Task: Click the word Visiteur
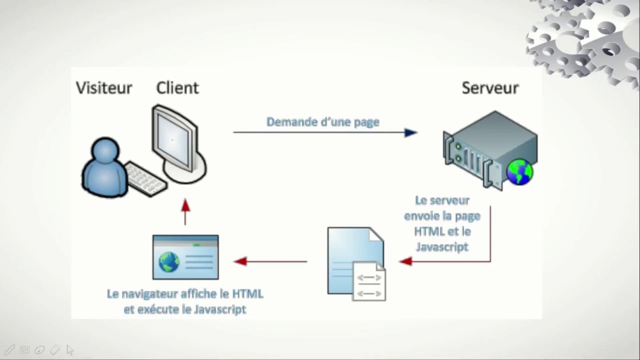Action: pyautogui.click(x=104, y=88)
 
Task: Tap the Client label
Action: pyautogui.click(x=177, y=88)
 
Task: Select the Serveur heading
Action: pyautogui.click(x=490, y=88)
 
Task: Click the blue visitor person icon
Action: pyautogui.click(x=104, y=167)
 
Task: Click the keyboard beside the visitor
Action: pyautogui.click(x=145, y=179)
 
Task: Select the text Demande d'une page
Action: pyautogui.click(x=322, y=122)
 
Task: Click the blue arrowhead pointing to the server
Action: pyautogui.click(x=410, y=132)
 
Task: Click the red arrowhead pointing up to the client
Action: pyautogui.click(x=185, y=205)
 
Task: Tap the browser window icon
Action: pyautogui.click(x=185, y=257)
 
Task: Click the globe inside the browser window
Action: pyautogui.click(x=168, y=262)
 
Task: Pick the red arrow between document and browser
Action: pyautogui.click(x=270, y=261)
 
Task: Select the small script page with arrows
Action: pyautogui.click(x=369, y=282)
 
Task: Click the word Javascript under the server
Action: pyautogui.click(x=442, y=246)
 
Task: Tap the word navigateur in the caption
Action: pyautogui.click(x=150, y=294)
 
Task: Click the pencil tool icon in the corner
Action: pyautogui.click(x=10, y=350)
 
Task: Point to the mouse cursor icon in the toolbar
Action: pyautogui.click(x=69, y=350)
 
